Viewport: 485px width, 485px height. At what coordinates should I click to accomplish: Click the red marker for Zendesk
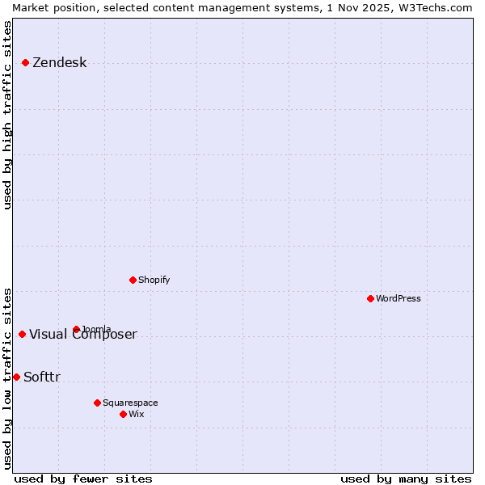coord(25,62)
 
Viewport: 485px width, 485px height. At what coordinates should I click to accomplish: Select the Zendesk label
coord(59,63)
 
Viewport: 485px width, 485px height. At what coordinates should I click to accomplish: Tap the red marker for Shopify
coord(133,280)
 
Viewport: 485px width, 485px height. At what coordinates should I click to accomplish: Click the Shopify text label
coord(154,280)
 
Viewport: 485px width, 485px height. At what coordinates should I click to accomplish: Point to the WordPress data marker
coord(370,298)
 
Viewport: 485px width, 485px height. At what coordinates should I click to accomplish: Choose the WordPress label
coord(398,298)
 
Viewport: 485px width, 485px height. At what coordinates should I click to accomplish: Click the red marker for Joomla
coord(76,329)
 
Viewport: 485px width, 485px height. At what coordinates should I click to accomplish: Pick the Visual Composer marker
coord(22,334)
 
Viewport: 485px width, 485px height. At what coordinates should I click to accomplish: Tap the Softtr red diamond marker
coord(16,377)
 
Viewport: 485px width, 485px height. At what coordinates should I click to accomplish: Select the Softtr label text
coord(42,377)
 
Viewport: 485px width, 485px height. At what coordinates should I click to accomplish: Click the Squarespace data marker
coord(97,403)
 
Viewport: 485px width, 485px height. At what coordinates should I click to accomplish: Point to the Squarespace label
coord(130,403)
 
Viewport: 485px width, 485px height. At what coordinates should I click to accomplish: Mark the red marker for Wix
coord(123,414)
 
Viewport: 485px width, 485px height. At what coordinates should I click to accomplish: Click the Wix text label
coord(137,414)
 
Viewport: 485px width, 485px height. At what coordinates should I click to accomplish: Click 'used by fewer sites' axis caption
coord(83,479)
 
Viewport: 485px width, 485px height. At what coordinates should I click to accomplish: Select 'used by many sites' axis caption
coord(406,479)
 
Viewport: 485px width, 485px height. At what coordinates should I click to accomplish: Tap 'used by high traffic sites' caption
coord(8,116)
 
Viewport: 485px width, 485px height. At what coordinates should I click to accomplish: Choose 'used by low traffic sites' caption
coord(8,377)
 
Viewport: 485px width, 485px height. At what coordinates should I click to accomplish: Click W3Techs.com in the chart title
coord(434,7)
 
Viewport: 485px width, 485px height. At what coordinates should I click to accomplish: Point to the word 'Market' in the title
coord(31,7)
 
